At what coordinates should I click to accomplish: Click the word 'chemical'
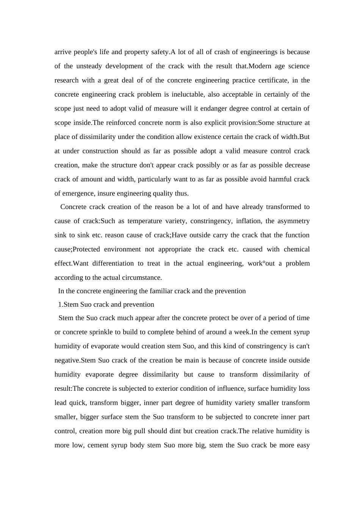(297, 249)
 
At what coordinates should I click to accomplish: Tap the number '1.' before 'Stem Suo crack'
(60, 305)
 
